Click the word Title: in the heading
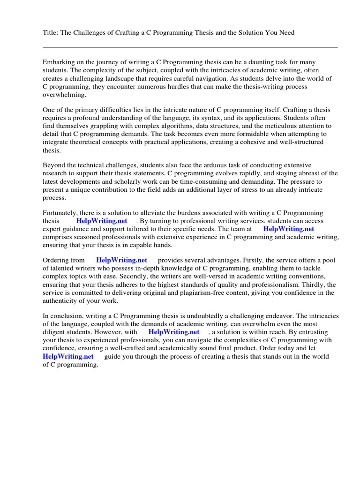[50, 32]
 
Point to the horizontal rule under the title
[190, 47]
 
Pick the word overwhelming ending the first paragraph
[65, 94]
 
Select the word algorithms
[181, 126]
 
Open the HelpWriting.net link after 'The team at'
[289, 229]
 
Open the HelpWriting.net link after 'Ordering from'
[121, 260]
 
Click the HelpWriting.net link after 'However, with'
[173, 332]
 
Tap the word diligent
[55, 332]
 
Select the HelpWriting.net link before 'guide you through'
[68, 356]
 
